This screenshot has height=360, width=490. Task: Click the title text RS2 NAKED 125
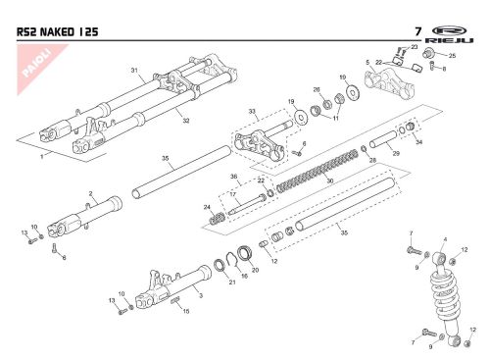pos(57,32)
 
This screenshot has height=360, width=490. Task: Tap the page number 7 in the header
pos(417,31)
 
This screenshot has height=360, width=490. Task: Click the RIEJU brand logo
pos(449,34)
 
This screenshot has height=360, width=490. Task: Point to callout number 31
pos(134,70)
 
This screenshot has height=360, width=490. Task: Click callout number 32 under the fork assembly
pos(186,121)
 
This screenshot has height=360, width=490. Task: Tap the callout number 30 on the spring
pos(330,180)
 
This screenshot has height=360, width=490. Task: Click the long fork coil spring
pos(318,171)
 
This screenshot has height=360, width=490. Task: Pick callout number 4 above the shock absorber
pos(445,239)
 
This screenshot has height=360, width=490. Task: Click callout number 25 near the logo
pos(452,56)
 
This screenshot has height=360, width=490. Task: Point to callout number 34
pos(418,142)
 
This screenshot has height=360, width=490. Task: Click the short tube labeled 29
pos(384,139)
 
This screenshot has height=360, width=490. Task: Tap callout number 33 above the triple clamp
pos(252,112)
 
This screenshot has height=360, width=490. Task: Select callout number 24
pos(207,207)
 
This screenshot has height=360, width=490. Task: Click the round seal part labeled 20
pos(245,253)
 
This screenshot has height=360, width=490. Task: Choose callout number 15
pos(186,311)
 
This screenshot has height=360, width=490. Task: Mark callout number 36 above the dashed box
pos(233,177)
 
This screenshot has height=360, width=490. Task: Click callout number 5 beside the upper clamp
pos(367,62)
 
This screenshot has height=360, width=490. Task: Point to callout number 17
pos(233,194)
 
